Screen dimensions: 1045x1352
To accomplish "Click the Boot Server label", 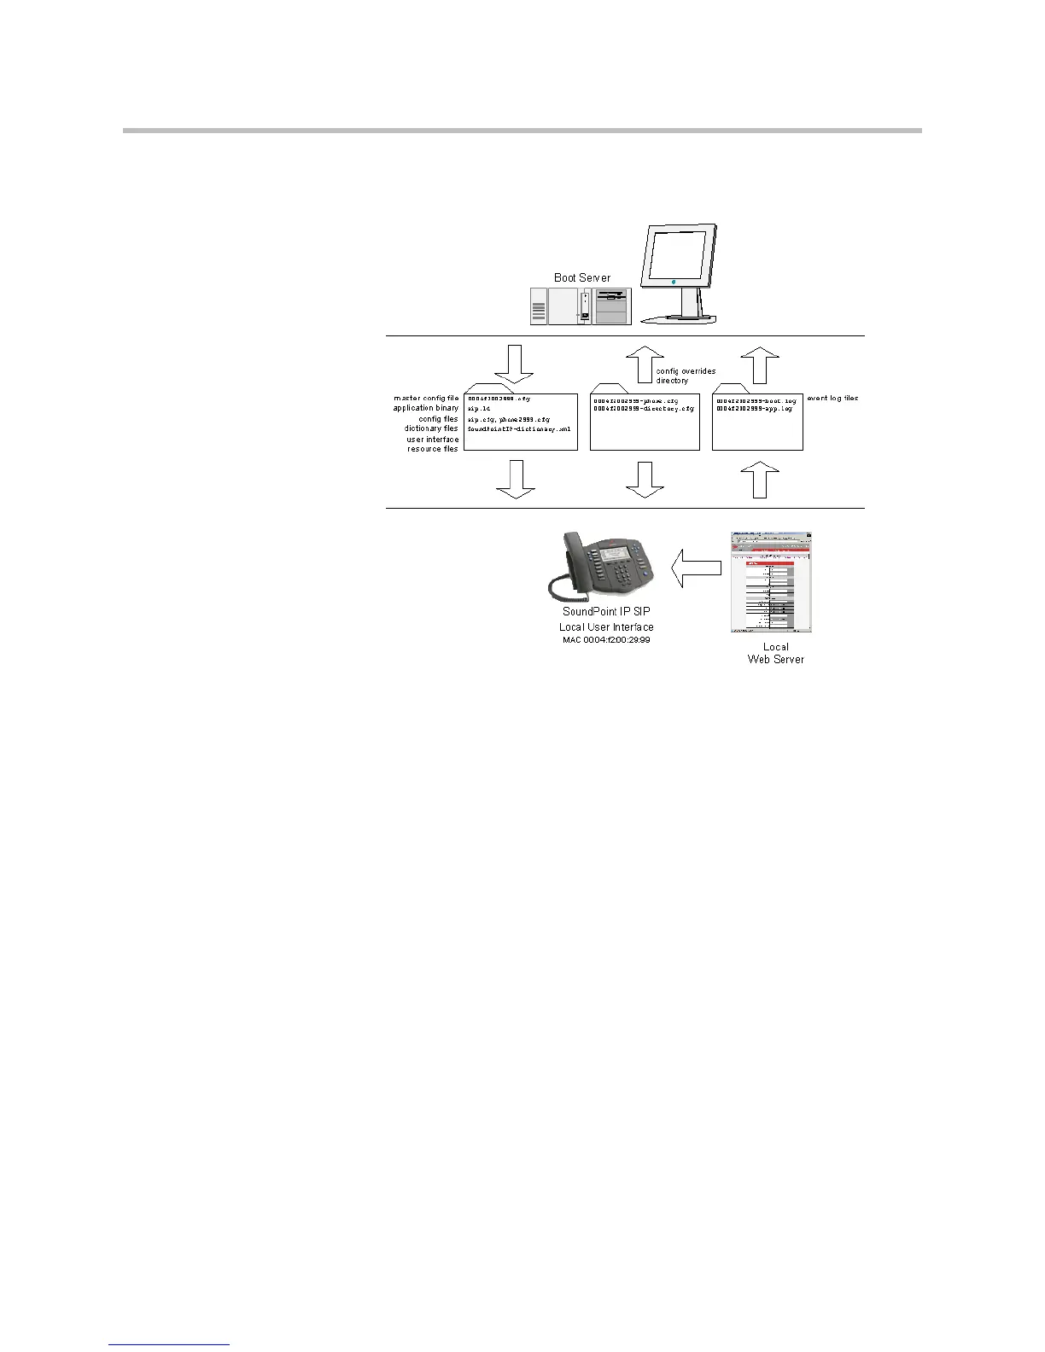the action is [x=581, y=277].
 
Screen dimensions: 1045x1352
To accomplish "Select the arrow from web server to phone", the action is [x=696, y=568].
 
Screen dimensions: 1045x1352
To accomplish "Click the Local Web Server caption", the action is [x=775, y=653].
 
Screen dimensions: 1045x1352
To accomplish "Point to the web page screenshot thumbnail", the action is [x=770, y=583].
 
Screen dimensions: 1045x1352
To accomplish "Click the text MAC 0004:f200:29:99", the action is [x=606, y=639].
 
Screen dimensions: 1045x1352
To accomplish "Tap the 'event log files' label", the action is [x=832, y=399].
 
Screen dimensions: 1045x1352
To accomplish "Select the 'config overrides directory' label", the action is [x=686, y=376].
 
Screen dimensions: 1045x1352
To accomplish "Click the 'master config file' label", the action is [x=426, y=398].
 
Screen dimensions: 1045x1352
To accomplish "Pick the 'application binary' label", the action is [x=425, y=408].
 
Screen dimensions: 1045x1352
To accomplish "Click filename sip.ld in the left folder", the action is [x=479, y=409].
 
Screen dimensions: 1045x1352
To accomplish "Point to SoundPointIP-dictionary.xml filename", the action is [x=518, y=429].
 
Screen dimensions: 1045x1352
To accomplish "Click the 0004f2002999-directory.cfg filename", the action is [x=644, y=409].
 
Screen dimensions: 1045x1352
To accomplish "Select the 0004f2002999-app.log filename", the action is [x=754, y=409].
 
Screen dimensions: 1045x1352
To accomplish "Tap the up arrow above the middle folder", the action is [x=645, y=364].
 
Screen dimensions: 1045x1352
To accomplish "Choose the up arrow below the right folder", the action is [x=760, y=480].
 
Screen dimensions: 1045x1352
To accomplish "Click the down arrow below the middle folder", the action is [x=645, y=480].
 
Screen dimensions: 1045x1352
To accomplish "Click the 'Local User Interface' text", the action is [x=606, y=626].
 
